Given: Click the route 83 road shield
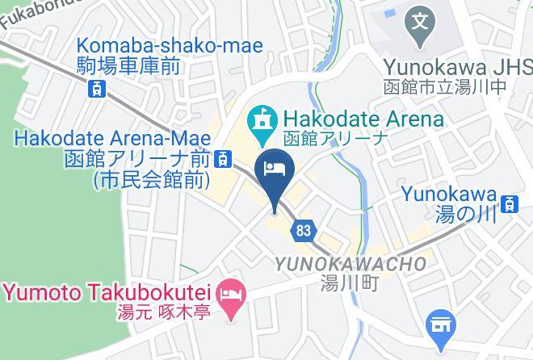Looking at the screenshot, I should [303, 230].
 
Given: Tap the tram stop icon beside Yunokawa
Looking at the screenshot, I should [509, 204].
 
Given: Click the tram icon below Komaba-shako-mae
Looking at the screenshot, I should [96, 88].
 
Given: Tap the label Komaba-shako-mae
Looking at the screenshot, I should [170, 47].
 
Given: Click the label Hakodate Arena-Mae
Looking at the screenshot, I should [111, 138].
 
